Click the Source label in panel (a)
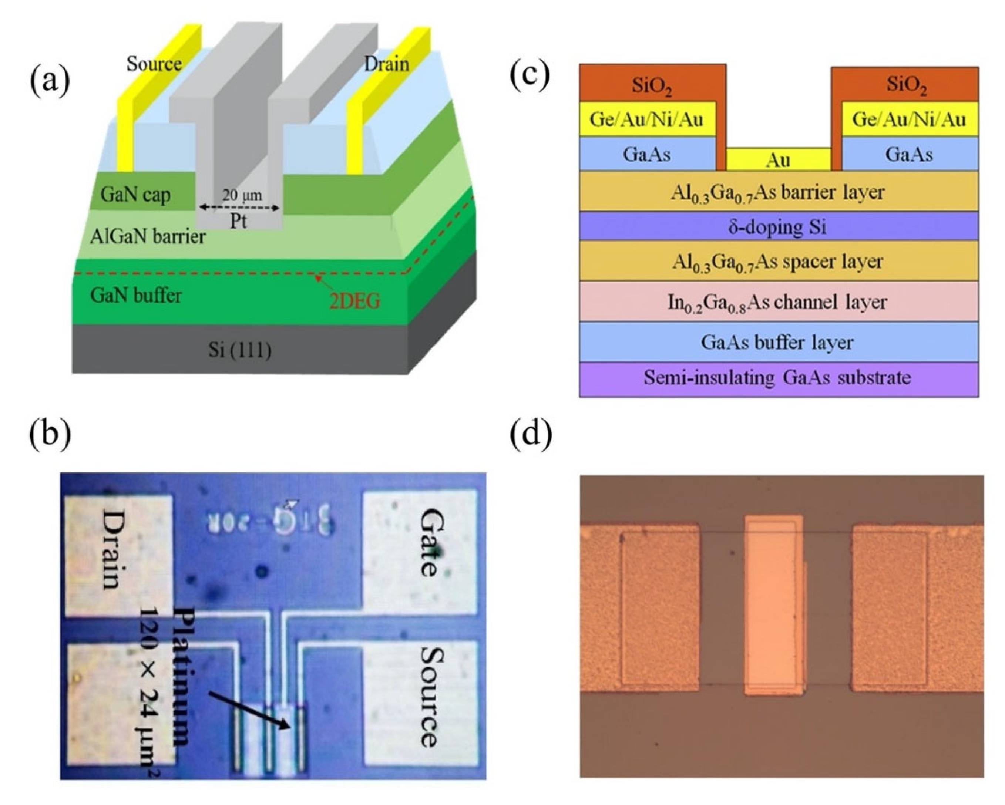click(154, 64)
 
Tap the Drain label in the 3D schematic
click(386, 64)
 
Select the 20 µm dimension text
click(242, 195)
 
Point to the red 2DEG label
click(355, 302)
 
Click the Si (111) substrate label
click(240, 350)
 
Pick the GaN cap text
click(135, 194)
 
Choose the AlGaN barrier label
click(148, 237)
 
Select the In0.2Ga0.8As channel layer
click(778, 302)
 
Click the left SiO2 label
click(651, 85)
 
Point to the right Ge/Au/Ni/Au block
click(909, 120)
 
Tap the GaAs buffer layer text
click(778, 343)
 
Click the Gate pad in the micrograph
click(420, 543)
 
